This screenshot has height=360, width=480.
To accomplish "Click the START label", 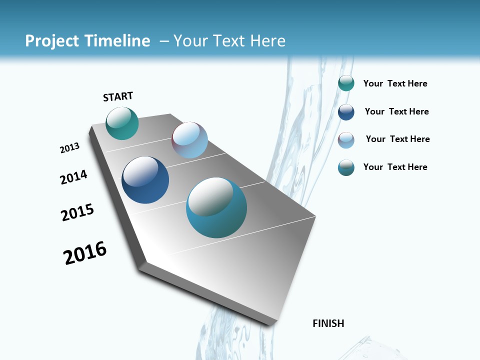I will coord(118,96).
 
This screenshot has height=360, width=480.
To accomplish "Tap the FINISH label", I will coord(328,323).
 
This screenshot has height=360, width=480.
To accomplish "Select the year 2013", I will coord(69,147).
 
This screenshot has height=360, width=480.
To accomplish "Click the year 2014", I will coord(73,177).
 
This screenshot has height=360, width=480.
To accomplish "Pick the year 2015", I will coord(77,212).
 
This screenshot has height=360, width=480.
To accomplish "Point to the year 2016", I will coord(85,253).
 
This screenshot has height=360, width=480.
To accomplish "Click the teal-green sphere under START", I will coord(122,123).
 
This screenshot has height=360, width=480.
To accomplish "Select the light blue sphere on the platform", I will coord(189,140).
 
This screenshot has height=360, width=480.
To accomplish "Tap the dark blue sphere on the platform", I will coord(145,180).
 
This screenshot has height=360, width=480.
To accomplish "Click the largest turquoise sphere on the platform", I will coord(216,207).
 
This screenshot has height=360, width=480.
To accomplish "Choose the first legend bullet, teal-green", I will coord(346,83).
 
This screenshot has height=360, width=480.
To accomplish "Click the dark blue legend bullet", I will coord(346,111).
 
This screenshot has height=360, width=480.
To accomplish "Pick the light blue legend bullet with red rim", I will coord(346,139).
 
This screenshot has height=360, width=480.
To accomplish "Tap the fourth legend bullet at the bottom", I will coord(346,167).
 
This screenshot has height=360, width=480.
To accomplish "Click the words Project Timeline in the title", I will coord(87,41).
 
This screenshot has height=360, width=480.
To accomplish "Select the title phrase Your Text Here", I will coord(229,41).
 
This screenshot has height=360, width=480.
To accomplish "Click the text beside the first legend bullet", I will coord(395,83).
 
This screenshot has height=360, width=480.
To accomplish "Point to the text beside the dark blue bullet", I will coord(396,111).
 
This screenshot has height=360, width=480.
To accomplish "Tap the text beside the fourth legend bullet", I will coord(395,167).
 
